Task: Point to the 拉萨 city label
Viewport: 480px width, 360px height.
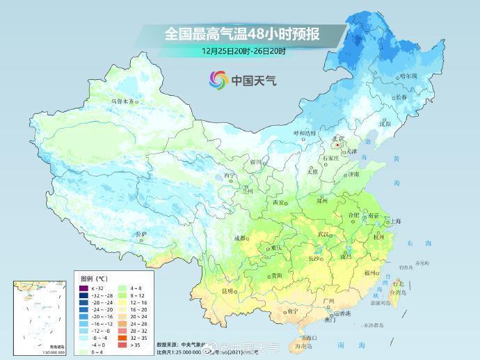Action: coord(141,234)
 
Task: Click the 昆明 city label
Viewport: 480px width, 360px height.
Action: coord(227,291)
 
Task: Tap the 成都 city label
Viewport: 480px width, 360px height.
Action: coord(240,238)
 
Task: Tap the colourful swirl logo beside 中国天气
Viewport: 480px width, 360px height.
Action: coord(218,80)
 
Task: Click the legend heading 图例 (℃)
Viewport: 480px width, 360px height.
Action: coord(93,277)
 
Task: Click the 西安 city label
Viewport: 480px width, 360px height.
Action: coord(279,202)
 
